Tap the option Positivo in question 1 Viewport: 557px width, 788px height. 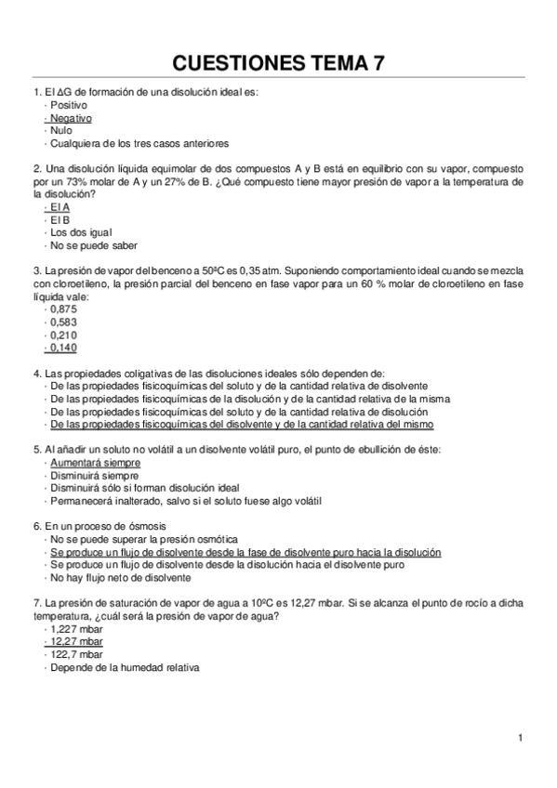69,106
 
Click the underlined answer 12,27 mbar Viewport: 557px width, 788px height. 76,641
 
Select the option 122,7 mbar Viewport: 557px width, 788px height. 76,653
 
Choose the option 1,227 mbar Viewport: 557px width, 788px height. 76,628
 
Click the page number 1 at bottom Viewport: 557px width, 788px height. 522,738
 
